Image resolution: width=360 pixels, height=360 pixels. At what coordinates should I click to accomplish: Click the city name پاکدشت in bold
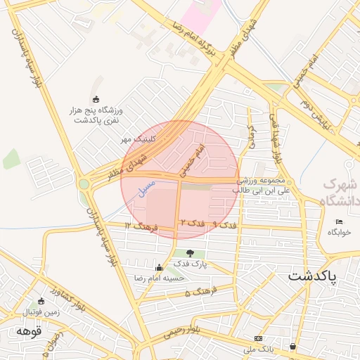click(x=313, y=276)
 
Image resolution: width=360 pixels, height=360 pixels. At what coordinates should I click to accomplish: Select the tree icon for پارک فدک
click(x=191, y=253)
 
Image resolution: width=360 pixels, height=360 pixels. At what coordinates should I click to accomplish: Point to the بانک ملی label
click(x=257, y=348)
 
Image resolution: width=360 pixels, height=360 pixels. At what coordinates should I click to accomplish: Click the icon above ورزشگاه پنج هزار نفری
click(x=96, y=99)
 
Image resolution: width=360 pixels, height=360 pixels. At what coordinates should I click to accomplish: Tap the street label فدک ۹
click(x=224, y=225)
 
